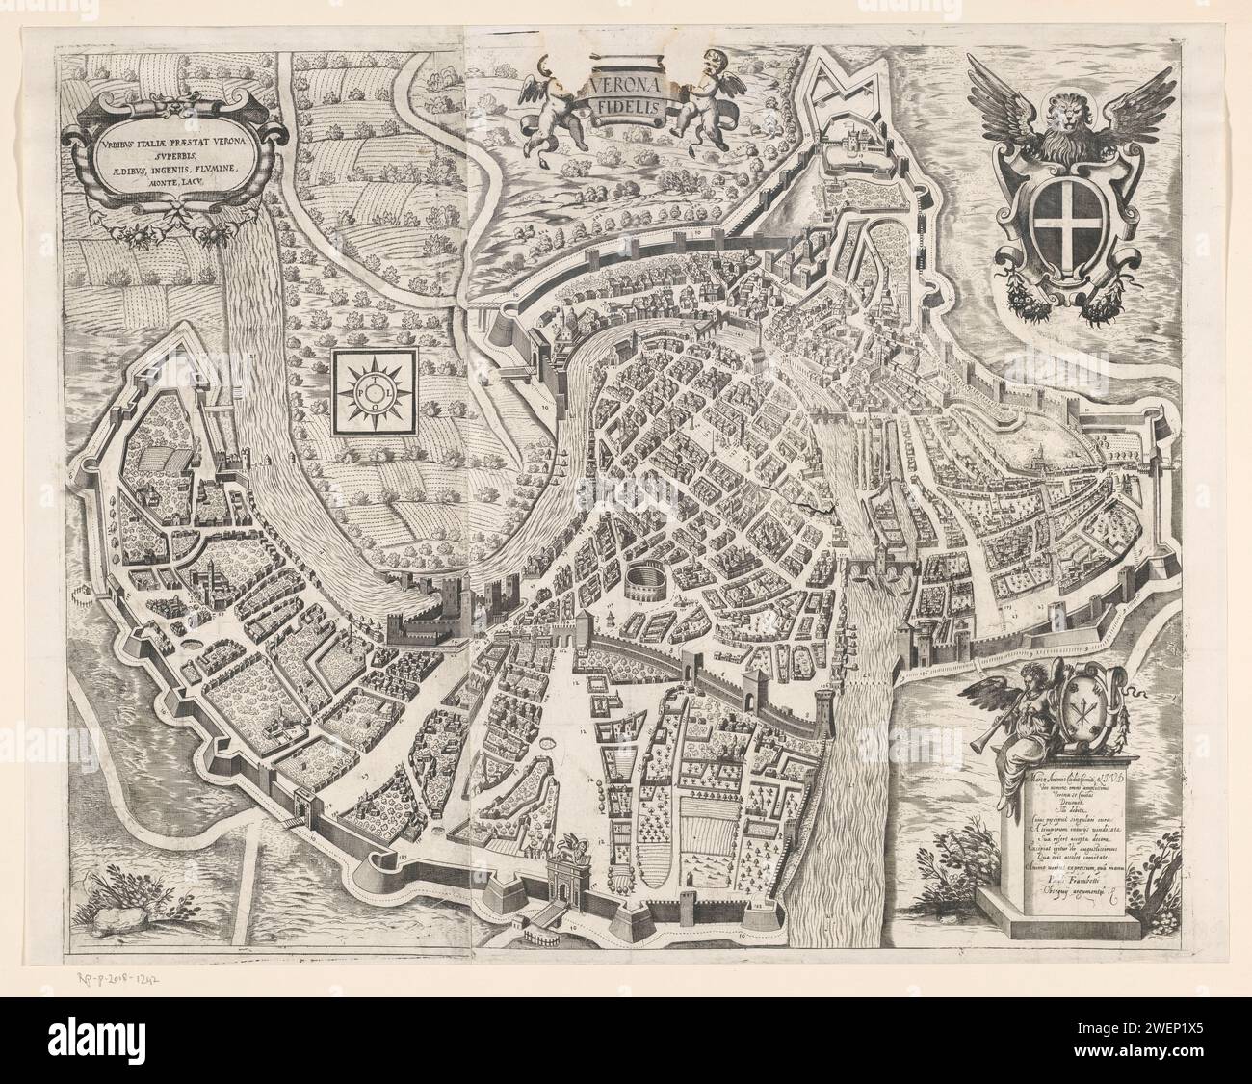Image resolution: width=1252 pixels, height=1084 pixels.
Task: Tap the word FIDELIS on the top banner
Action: (x=621, y=110)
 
